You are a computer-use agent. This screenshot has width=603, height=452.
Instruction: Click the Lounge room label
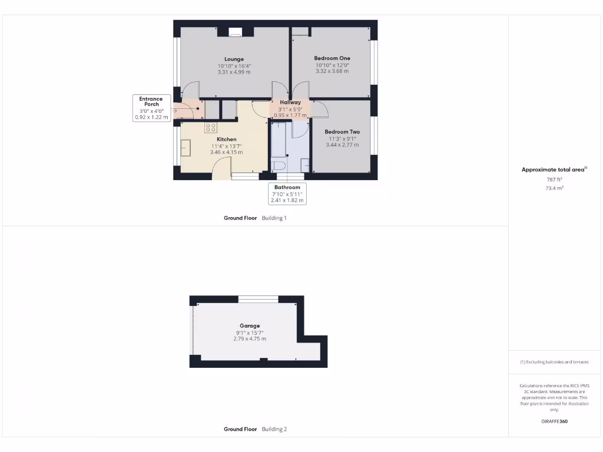234,59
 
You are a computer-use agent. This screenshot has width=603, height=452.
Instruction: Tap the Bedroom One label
332,58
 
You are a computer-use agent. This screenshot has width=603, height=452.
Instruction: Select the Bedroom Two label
342,132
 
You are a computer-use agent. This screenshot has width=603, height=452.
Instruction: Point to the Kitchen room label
226,139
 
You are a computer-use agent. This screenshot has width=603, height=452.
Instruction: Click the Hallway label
290,102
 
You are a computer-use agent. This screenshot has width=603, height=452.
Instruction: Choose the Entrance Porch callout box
151,108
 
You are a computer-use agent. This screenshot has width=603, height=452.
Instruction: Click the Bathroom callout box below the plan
287,194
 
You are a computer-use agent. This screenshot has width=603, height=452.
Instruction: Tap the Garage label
250,325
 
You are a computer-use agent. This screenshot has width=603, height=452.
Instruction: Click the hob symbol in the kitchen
211,127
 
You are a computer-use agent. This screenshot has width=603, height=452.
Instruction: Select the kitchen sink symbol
187,147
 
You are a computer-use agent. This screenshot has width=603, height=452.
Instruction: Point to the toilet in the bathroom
277,164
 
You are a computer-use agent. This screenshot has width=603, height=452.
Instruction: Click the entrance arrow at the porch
175,109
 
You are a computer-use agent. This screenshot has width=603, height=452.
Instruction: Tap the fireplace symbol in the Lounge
235,32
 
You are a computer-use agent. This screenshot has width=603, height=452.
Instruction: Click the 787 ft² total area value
554,180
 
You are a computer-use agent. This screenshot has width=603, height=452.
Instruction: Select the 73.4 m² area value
554,188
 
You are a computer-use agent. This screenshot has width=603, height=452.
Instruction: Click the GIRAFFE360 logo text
554,421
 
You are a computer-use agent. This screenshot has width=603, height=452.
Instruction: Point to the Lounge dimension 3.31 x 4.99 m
234,72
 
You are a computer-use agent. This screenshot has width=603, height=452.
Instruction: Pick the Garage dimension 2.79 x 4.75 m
250,338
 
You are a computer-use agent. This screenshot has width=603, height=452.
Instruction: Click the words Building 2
274,429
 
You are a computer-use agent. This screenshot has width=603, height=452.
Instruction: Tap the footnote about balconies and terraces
554,362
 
